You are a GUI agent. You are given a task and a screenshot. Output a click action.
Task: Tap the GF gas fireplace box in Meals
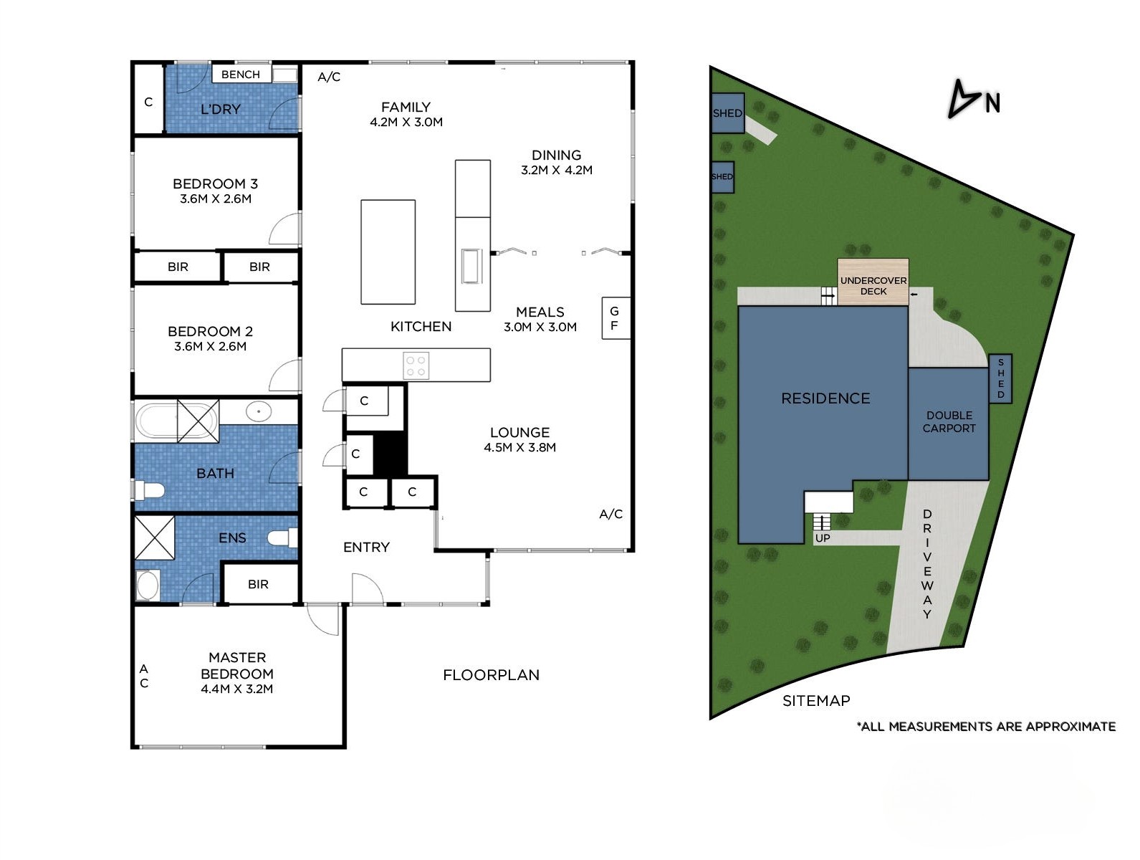point(615,318)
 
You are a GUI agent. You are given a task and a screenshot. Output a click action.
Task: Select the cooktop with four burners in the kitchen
point(416,365)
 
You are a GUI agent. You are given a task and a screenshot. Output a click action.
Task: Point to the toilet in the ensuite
point(282,537)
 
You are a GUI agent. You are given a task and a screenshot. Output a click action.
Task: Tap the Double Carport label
point(949,422)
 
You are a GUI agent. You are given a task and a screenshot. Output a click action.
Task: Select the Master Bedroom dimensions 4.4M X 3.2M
point(236,689)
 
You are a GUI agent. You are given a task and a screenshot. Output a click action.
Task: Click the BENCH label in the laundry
point(241,75)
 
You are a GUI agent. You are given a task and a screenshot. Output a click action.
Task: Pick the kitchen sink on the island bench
point(471,266)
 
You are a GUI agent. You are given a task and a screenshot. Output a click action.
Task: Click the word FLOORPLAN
point(491,675)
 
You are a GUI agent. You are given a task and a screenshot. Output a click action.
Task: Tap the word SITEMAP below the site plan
point(815,701)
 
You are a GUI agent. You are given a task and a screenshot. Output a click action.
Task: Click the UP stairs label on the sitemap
point(823,538)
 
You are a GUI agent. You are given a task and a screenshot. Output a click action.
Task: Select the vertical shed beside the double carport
point(1000,378)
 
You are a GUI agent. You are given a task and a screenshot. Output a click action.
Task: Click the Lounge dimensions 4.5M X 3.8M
point(519,448)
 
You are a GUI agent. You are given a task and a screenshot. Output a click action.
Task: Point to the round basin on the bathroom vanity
point(258,411)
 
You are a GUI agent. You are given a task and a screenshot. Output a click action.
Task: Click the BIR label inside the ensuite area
point(258,585)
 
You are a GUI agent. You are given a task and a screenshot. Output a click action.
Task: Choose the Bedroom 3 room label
point(215,184)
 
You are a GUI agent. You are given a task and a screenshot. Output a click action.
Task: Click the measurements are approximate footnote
point(986,727)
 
